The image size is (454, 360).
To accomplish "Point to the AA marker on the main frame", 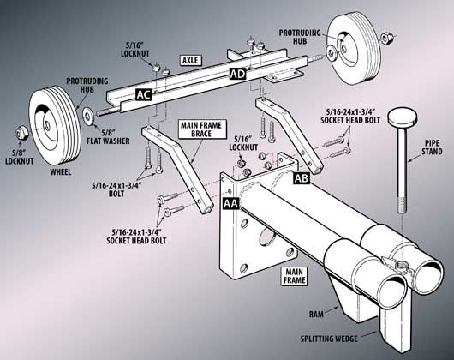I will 230,205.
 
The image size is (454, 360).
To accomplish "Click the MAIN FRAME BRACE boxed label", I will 196,129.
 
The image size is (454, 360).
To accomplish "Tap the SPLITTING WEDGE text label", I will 329,339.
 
